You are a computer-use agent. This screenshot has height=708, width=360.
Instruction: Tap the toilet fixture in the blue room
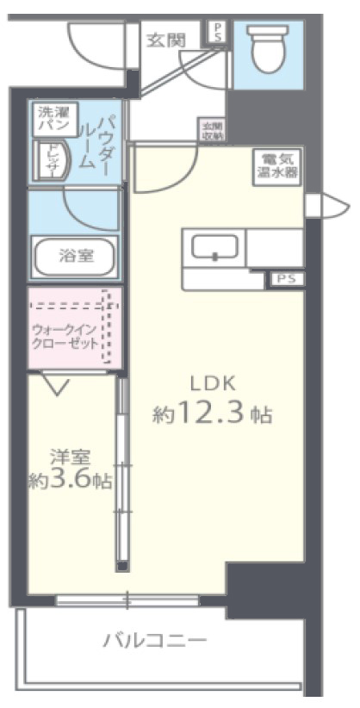point(267,48)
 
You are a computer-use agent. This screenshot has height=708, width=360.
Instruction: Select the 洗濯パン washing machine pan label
point(56,119)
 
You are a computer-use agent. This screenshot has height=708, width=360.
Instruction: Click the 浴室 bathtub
point(75,255)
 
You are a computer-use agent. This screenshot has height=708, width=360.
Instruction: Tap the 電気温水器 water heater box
point(276,164)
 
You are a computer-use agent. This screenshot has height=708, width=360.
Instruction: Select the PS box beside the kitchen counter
point(286,278)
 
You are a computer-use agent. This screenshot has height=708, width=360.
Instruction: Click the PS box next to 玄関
point(218,33)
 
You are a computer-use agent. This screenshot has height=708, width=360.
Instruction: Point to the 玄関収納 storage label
point(212,130)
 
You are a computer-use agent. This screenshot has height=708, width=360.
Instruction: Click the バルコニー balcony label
point(155,641)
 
